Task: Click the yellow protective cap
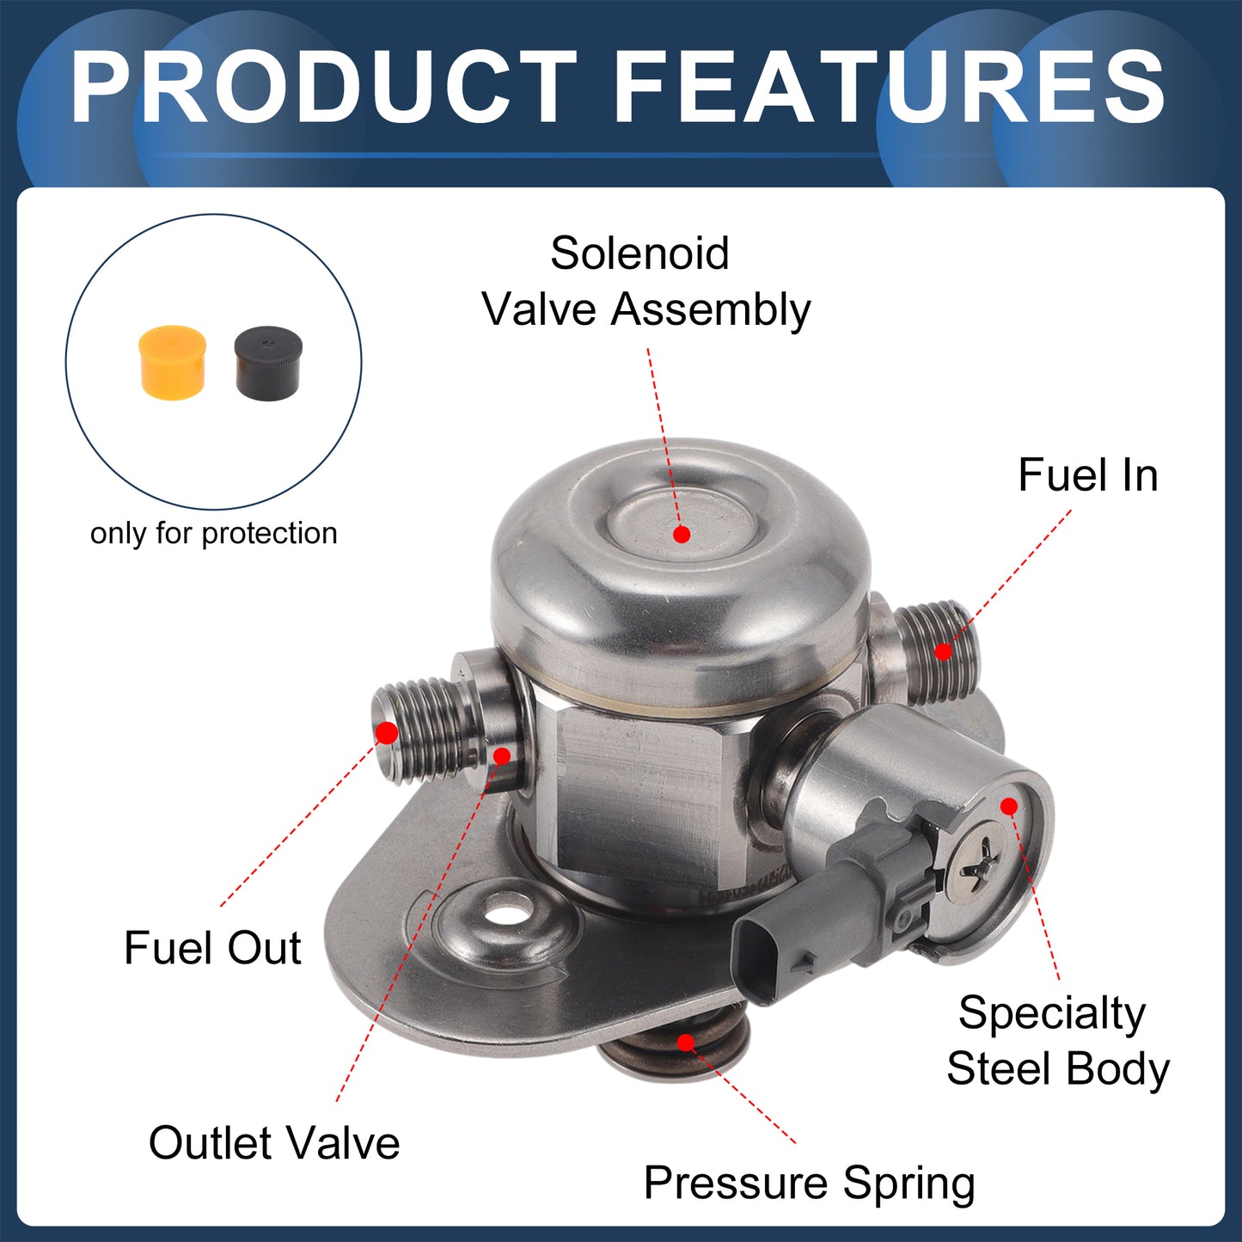pos(172,362)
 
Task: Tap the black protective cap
pos(268,362)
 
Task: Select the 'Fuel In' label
pos(1089,475)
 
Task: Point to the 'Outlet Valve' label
pos(274,1143)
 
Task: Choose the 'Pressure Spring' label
pos(810,1184)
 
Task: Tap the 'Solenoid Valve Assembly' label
pos(646,281)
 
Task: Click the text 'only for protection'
pos(213,534)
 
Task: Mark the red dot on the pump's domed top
pos(682,535)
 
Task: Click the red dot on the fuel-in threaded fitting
pos(943,652)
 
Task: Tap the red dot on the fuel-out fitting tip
pos(387,733)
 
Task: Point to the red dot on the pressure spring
pos(687,1043)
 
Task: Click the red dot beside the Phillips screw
pos(1009,806)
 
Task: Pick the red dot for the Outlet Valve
pos(501,756)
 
